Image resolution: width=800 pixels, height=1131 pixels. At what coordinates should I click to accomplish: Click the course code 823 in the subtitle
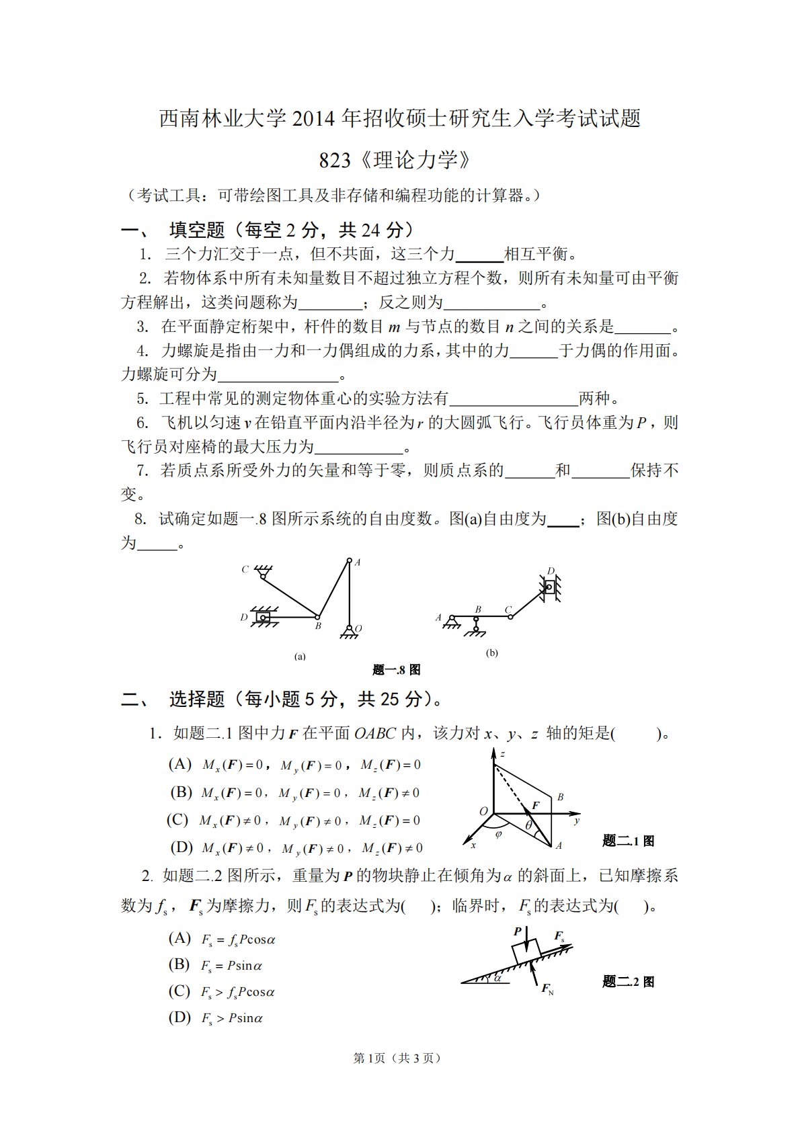coord(335,161)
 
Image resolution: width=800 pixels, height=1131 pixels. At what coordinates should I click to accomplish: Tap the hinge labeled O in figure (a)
coord(350,629)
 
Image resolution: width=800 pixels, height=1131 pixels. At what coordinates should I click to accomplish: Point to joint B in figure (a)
coord(317,616)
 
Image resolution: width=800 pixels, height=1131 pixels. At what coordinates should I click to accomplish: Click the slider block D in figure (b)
coord(549,587)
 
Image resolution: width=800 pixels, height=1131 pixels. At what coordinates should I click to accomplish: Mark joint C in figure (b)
coord(510,616)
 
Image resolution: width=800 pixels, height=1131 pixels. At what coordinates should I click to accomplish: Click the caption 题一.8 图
coord(396,670)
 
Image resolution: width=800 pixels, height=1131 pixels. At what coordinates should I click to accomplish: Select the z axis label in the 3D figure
coord(502,754)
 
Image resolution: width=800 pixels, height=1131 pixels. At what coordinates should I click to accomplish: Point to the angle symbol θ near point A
coord(529,825)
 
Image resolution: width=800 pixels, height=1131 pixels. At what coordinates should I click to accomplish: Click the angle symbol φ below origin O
coord(498,835)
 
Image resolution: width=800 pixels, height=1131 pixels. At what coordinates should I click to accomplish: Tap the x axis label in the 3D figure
coord(473,845)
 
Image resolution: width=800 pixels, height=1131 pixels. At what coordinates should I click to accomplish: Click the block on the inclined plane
coord(525,950)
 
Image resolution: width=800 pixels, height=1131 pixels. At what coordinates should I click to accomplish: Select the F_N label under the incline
coord(547,989)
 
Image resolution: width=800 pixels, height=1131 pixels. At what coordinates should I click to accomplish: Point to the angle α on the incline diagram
coord(497,978)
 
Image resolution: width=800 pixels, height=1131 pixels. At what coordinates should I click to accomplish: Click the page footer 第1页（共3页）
coord(397,1058)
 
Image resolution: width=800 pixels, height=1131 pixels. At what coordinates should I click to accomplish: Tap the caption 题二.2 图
coord(628,982)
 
